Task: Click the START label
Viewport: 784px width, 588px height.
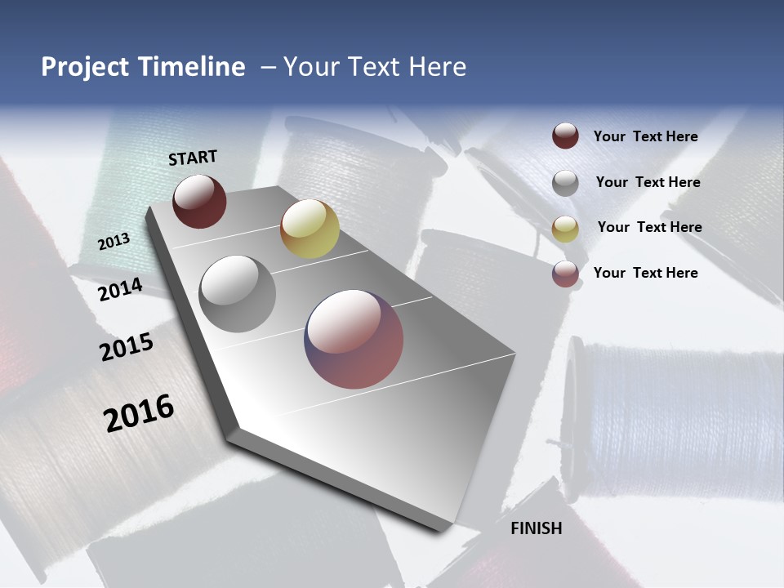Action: (193, 158)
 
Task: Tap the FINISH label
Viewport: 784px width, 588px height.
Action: (536, 528)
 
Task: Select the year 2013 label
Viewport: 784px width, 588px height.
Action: (114, 241)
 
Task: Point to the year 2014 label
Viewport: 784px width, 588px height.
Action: (120, 289)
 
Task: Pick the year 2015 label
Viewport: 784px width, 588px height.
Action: (127, 348)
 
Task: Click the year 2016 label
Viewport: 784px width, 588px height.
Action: (139, 413)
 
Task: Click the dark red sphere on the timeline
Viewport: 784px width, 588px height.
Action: (199, 201)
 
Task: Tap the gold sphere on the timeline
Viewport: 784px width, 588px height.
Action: (310, 229)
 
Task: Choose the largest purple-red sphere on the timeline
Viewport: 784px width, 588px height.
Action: (354, 339)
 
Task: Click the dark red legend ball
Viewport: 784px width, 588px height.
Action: (565, 136)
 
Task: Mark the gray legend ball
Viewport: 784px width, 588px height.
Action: (565, 183)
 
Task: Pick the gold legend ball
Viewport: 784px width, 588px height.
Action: (565, 229)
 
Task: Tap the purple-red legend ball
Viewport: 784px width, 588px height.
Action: (565, 274)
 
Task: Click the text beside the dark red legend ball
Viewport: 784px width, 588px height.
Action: (645, 137)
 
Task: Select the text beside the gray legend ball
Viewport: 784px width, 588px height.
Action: (648, 182)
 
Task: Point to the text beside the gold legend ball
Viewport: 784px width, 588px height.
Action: (649, 227)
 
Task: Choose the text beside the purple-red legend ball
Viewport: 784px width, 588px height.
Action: (645, 273)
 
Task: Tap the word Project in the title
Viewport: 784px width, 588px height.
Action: (86, 67)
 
